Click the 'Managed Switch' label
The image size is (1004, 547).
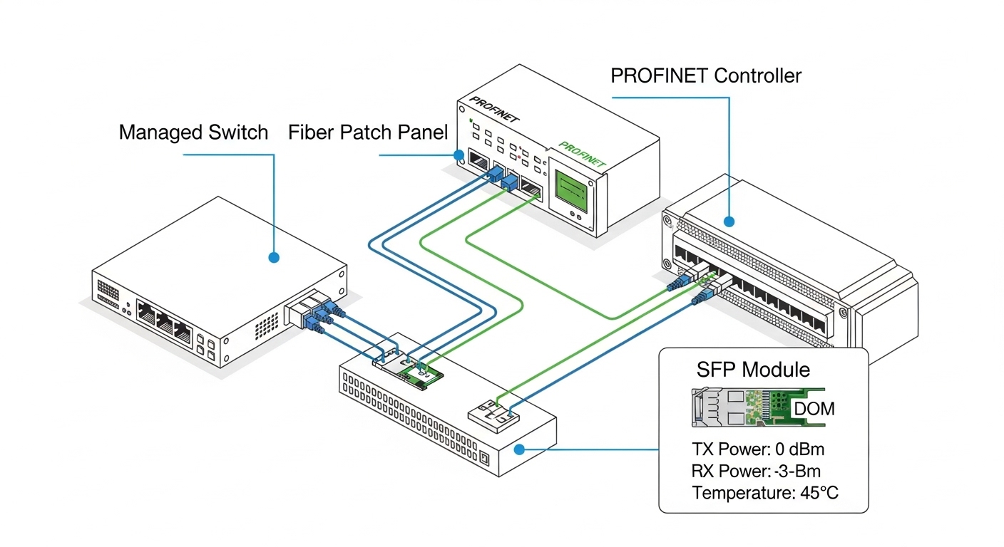(x=193, y=132)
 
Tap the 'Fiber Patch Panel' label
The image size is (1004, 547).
(x=368, y=132)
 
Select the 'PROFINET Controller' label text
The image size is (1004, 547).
(x=706, y=75)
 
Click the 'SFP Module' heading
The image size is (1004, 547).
(x=752, y=370)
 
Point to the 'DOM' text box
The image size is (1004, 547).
(x=814, y=410)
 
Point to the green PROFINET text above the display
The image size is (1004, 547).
(x=583, y=155)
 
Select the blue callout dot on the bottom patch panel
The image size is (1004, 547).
(x=520, y=449)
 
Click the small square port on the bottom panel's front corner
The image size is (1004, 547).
(x=486, y=458)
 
